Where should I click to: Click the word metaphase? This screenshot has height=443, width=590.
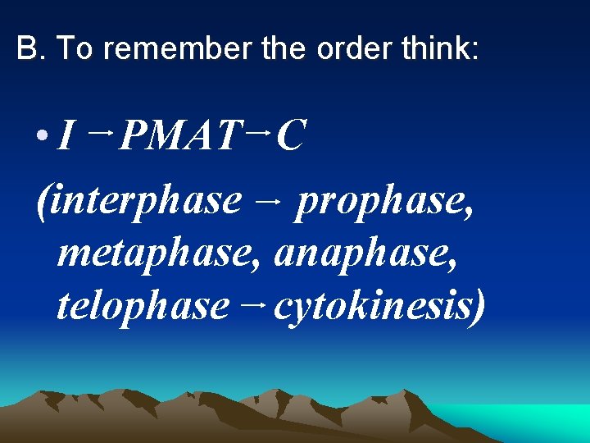point(161,254)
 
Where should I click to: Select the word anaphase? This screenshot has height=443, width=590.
point(365,254)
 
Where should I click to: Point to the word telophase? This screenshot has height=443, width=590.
point(143,305)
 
